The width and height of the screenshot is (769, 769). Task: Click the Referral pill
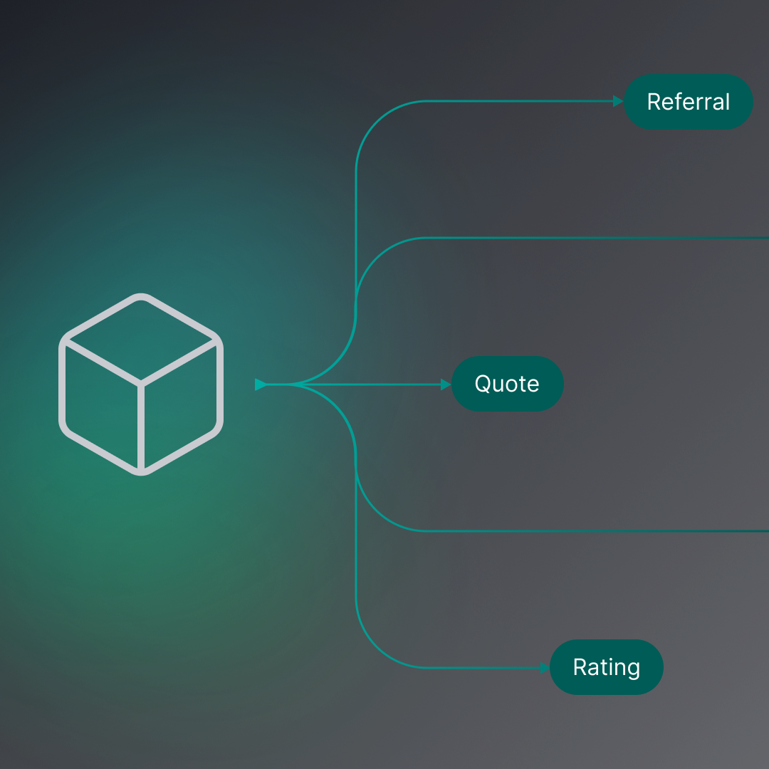pyautogui.click(x=688, y=102)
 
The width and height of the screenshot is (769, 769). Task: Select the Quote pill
pyautogui.click(x=507, y=384)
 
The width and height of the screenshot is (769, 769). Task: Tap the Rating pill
pyautogui.click(x=606, y=667)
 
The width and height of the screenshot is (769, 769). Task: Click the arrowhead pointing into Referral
pyautogui.click(x=618, y=102)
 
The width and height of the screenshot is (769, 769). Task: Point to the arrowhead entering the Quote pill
pyautogui.click(x=446, y=384)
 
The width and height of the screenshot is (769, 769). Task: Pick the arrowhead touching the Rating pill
pyautogui.click(x=545, y=668)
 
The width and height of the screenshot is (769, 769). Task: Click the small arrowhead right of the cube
pyautogui.click(x=261, y=384)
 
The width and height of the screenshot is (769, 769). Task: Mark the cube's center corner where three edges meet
pyautogui.click(x=141, y=384)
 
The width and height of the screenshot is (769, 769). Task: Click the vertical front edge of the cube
pyautogui.click(x=141, y=427)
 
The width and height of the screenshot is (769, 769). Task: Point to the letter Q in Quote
pyautogui.click(x=483, y=384)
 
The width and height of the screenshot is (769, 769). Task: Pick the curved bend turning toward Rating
pyautogui.click(x=376, y=647)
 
